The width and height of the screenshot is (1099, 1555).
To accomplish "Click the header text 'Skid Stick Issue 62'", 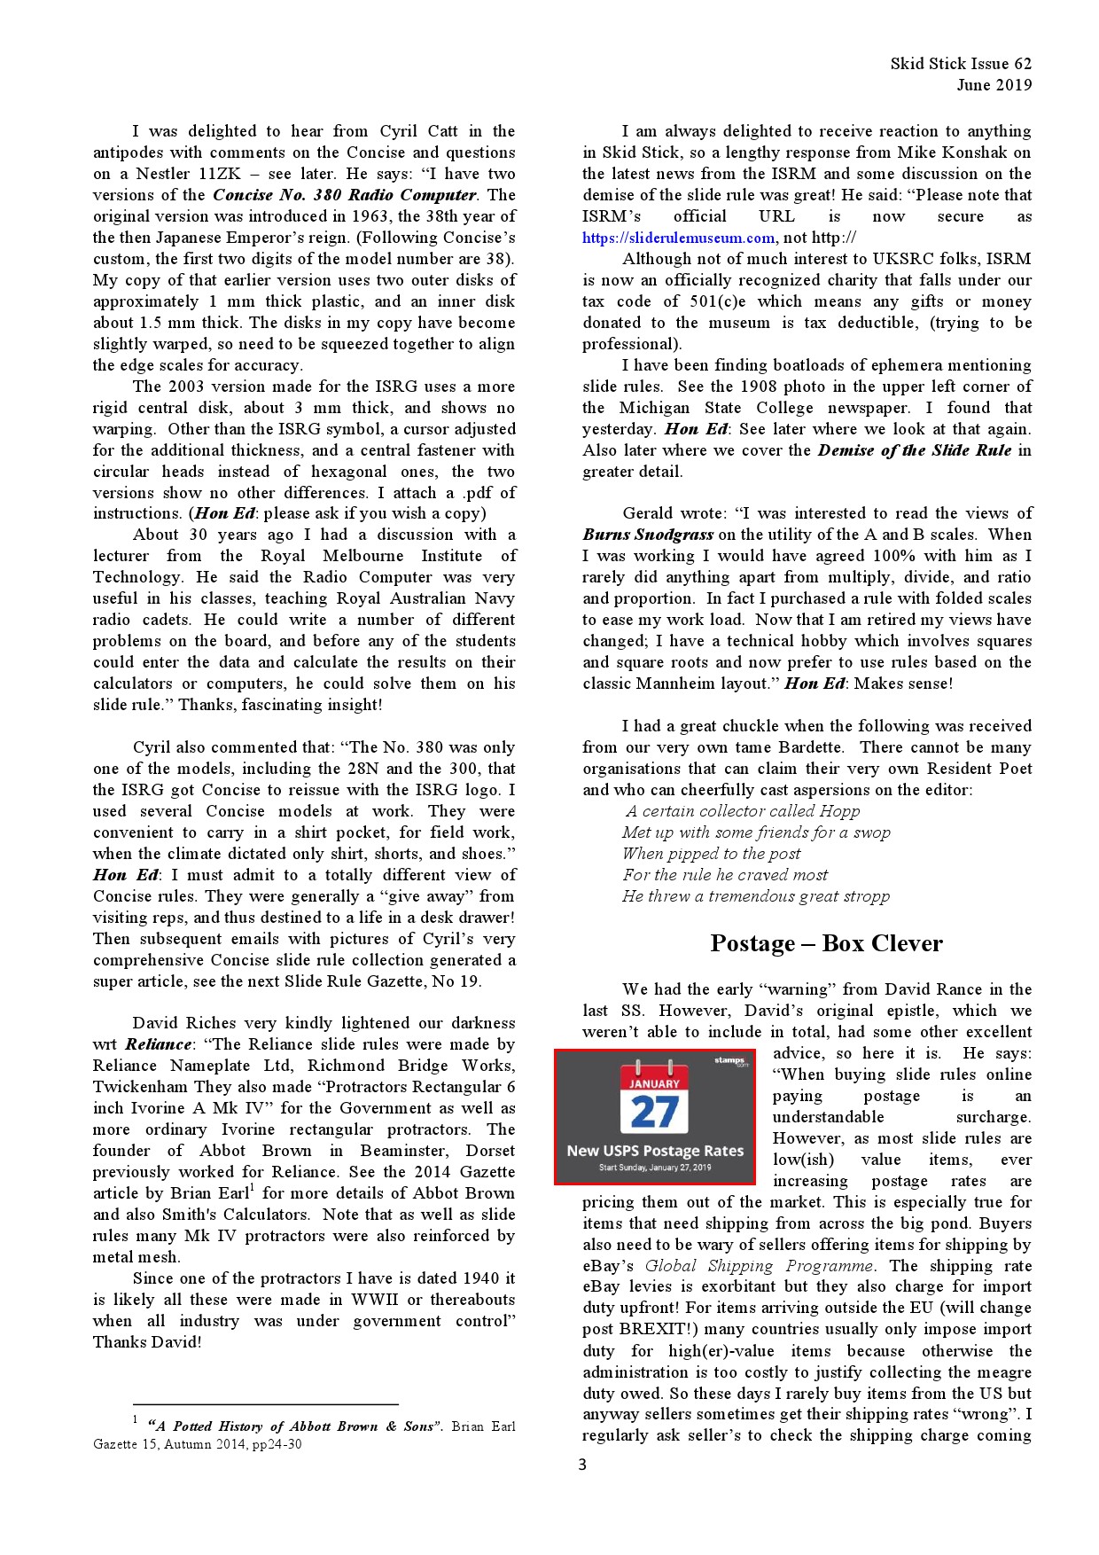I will tap(961, 64).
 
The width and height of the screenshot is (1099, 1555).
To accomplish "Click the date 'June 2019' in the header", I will tap(994, 85).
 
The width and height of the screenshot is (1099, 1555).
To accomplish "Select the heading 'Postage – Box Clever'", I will tap(826, 943).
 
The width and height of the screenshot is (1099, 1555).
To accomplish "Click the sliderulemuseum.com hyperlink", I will tap(678, 238).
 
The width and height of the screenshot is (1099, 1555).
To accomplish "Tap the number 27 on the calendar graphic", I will tap(654, 1112).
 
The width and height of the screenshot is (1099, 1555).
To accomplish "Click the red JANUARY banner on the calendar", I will tap(654, 1083).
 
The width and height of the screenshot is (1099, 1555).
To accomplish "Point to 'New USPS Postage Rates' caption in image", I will tap(655, 1151).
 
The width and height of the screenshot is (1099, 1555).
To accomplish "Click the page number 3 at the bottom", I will tap(582, 1465).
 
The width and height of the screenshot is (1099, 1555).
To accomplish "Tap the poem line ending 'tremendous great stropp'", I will tap(756, 896).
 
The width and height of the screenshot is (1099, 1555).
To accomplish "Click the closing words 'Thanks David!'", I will tap(147, 1342).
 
